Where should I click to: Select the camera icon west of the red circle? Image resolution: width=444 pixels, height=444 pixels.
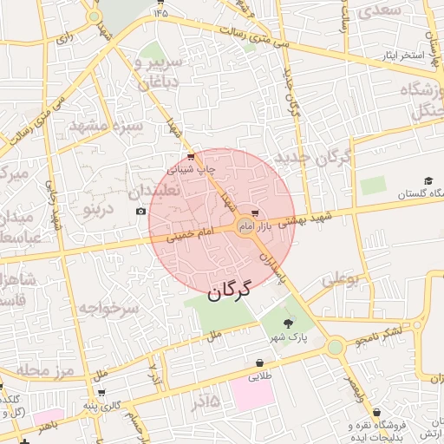[x=141, y=212]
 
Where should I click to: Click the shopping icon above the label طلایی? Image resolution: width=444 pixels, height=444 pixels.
[x=260, y=362]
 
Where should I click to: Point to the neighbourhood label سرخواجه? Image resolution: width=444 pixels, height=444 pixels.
[x=108, y=308]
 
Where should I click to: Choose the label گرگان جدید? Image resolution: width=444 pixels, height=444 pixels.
[x=312, y=158]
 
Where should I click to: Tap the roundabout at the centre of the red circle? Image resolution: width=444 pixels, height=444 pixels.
[x=245, y=228]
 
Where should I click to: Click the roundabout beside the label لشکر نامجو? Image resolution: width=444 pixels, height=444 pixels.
[x=335, y=347]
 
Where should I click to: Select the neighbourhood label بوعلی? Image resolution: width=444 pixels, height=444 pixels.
[x=339, y=280]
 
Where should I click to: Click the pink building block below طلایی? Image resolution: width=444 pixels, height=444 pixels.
[x=252, y=395]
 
